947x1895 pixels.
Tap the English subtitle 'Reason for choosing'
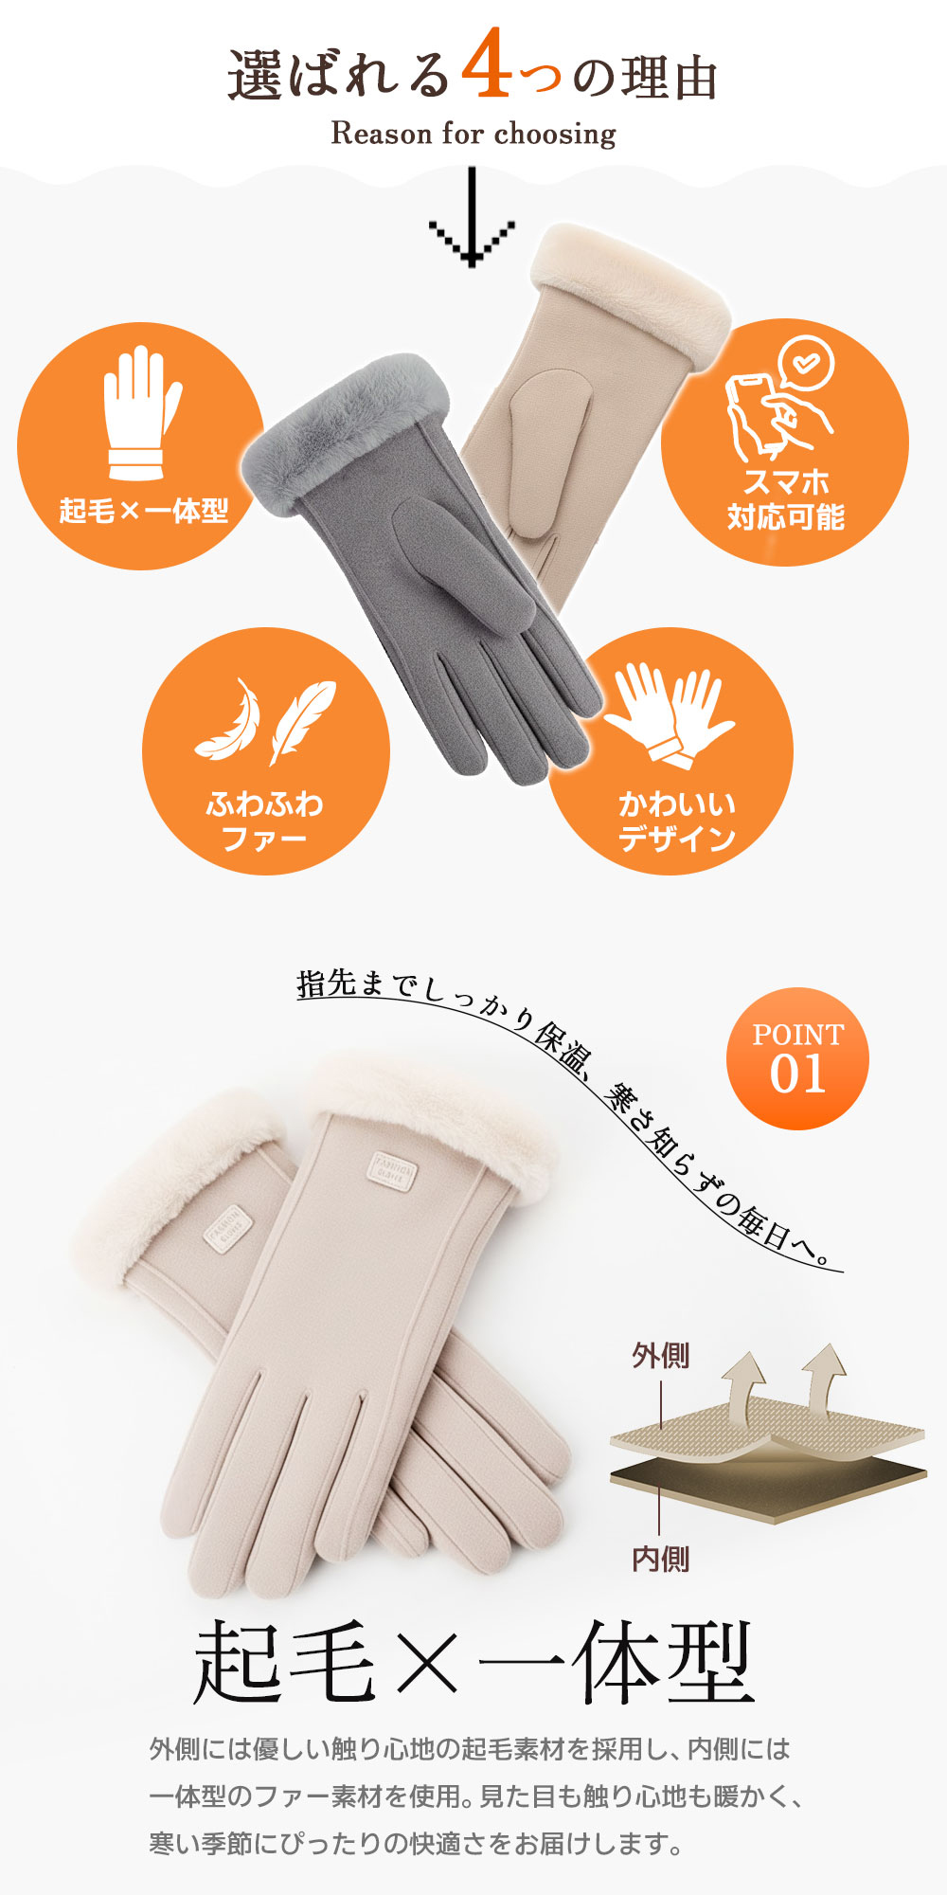[x=473, y=134]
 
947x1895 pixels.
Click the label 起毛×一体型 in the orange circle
[x=144, y=512]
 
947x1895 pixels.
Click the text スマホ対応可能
[x=785, y=499]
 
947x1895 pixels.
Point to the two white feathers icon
[x=265, y=721]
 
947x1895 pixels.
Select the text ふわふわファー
[x=265, y=821]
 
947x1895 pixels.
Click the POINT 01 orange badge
[x=797, y=1058]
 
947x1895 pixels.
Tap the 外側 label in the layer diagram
[x=661, y=1356]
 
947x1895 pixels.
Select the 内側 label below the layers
[x=661, y=1559]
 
